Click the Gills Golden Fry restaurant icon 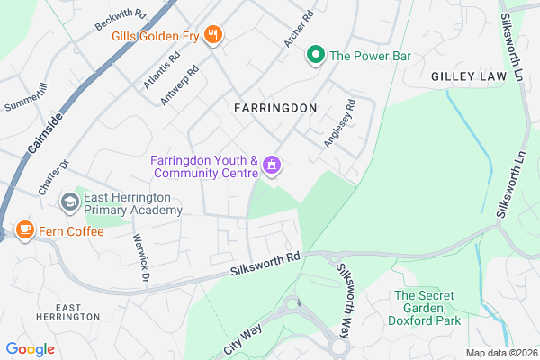213,35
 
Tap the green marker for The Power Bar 316,56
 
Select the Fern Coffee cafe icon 24,231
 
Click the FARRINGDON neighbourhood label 274,108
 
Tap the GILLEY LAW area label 469,78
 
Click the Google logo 31,349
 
